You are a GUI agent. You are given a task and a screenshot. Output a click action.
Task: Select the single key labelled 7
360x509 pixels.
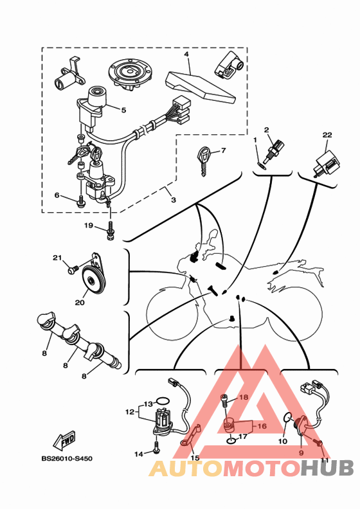pyautogui.click(x=203, y=161)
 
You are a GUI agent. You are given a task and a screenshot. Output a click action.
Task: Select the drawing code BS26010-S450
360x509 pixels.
pyautogui.click(x=67, y=459)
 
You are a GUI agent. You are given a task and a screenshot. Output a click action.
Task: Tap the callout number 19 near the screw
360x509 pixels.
pyautogui.click(x=89, y=226)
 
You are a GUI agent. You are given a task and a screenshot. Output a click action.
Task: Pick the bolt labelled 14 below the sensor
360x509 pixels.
pyautogui.click(x=156, y=447)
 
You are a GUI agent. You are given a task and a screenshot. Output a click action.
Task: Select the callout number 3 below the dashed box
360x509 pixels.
pyautogui.click(x=174, y=200)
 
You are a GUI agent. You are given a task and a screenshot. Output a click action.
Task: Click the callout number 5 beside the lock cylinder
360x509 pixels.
pyautogui.click(x=123, y=110)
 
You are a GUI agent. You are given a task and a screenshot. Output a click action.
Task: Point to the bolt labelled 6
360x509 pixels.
pyautogui.click(x=80, y=201)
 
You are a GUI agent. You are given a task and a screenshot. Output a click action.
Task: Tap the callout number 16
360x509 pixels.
pyautogui.click(x=262, y=426)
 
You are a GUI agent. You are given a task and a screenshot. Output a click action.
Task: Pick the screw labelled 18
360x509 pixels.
pyautogui.click(x=224, y=402)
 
